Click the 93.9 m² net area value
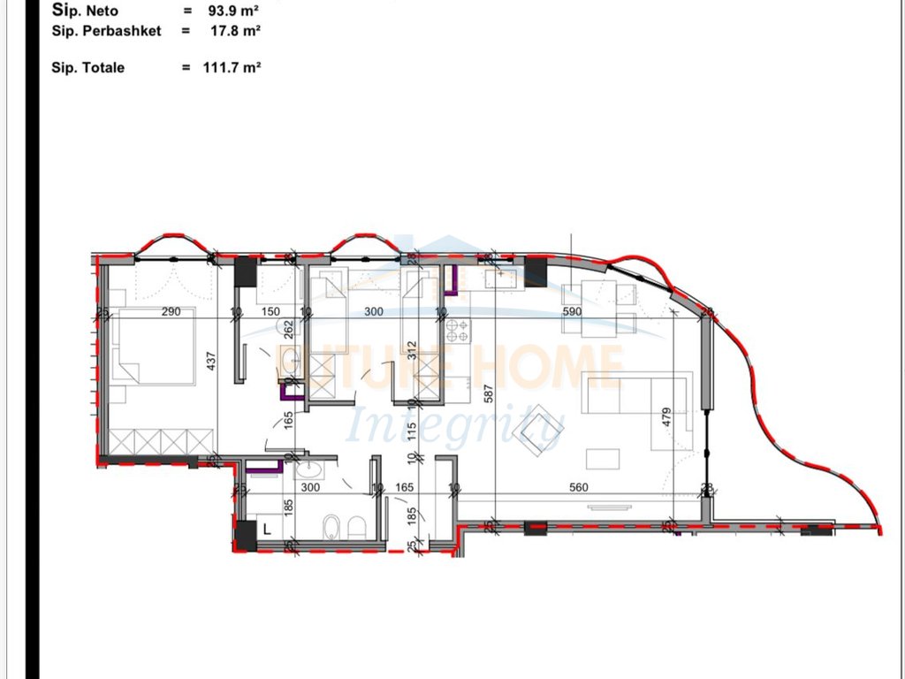234,11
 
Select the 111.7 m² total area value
234,67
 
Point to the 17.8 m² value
234,30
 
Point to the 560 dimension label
578,487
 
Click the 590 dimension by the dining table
573,311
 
